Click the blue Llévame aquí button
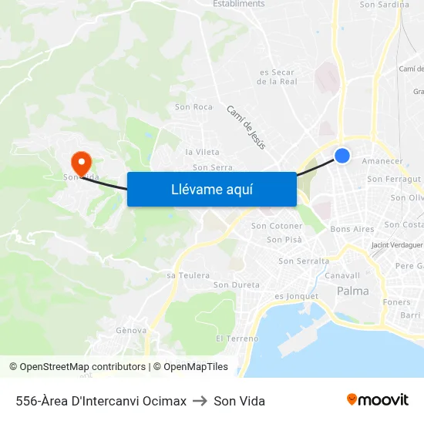pos(211,189)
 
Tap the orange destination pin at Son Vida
pos(81,163)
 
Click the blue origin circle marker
pos(342,156)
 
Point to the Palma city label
pos(353,291)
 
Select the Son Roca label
pos(193,107)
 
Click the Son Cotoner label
pos(277,226)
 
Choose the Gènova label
pos(131,330)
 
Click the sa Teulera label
pos(188,275)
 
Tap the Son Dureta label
pos(236,284)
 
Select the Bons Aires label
pos(352,229)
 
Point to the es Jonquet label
pos(296,296)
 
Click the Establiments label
pos(239,4)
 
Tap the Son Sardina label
pos(385,5)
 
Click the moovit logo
pos(377,399)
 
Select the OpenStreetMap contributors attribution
pos(77,367)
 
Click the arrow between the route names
pos(200,401)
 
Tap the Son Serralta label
pos(304,261)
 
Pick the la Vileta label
pos(202,152)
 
